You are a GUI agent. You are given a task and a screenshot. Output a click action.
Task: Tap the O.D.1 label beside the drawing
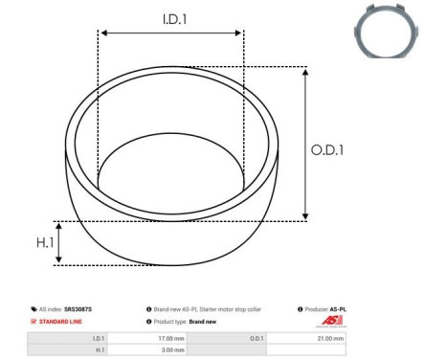[329, 149]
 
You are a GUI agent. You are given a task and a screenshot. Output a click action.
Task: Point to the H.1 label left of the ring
[35, 242]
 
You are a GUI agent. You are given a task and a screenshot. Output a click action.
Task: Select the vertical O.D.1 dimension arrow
[305, 144]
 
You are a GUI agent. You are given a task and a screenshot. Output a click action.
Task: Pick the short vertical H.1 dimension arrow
[59, 242]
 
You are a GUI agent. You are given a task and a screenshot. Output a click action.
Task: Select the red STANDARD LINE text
[61, 323]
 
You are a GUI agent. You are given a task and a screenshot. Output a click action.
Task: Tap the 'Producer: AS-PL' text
[324, 309]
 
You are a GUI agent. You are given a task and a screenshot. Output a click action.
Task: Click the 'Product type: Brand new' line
[186, 323]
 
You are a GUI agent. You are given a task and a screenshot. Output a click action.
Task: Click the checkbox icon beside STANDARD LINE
[34, 323]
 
